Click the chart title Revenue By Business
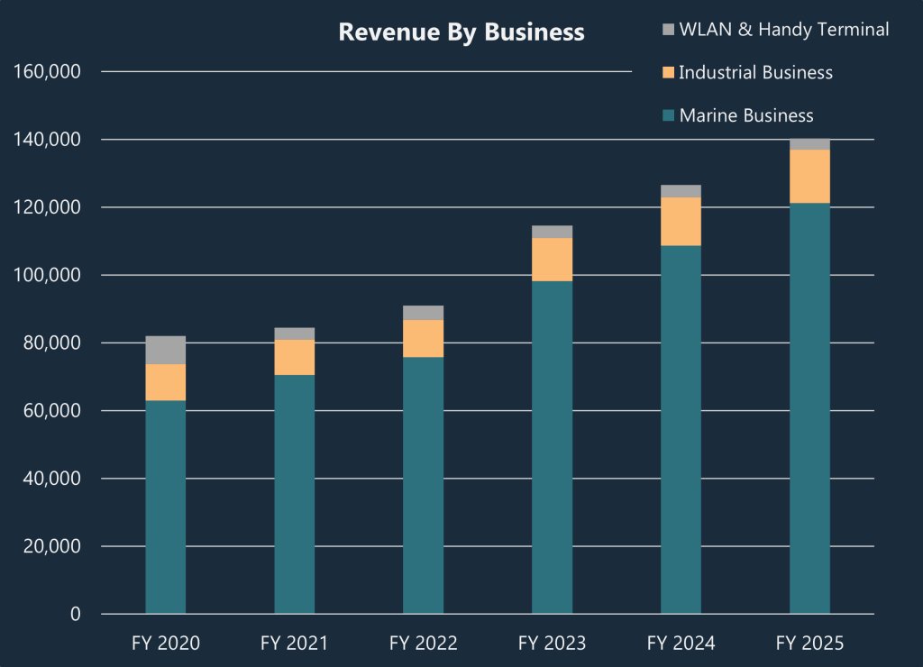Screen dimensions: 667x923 (x=461, y=32)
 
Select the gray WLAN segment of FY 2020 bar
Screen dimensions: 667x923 (x=166, y=350)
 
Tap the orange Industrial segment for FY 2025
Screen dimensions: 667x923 (x=809, y=176)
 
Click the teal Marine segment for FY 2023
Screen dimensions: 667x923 (x=552, y=447)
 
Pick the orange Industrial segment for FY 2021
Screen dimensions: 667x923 (x=295, y=357)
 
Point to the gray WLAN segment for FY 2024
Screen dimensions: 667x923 (x=681, y=191)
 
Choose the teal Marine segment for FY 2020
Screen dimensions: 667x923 (x=166, y=507)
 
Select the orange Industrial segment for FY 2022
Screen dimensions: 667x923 (x=423, y=339)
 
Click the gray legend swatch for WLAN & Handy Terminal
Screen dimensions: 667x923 (x=668, y=30)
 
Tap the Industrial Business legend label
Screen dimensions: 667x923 (x=755, y=72)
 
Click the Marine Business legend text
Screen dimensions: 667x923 (x=746, y=115)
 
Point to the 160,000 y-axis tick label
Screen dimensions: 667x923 (x=49, y=71)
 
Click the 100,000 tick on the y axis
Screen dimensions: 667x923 (x=49, y=275)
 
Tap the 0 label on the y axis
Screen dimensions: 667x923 (x=75, y=614)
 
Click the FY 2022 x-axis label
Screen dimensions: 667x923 (x=423, y=644)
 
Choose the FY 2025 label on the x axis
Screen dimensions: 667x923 (x=809, y=644)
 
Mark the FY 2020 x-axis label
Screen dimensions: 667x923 (x=166, y=644)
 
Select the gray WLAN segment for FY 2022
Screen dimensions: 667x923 (x=423, y=313)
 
